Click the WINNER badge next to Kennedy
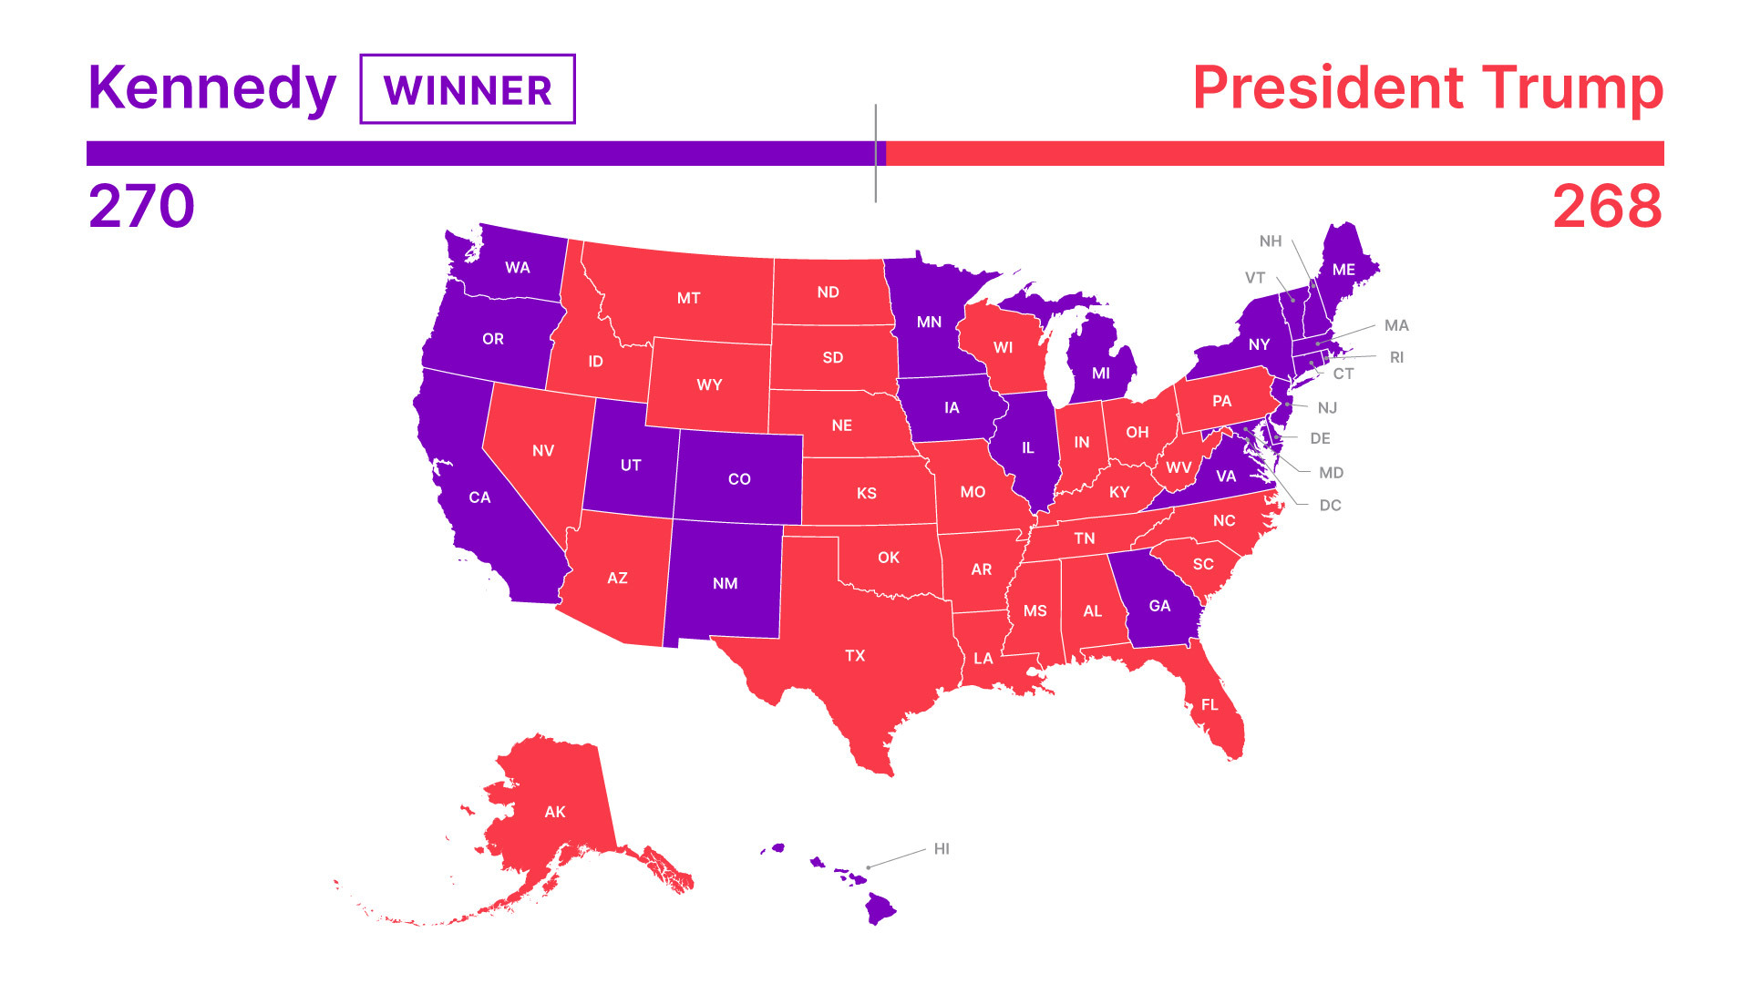[468, 89]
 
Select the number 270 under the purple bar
[141, 206]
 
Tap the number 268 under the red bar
[1607, 206]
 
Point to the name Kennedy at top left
[212, 88]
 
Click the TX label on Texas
[855, 655]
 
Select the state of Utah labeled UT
[631, 465]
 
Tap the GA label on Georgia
[1159, 606]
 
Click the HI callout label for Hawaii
[942, 849]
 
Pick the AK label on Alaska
[555, 812]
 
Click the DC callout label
[1330, 506]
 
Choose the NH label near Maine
[1271, 241]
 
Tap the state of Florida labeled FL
[1210, 704]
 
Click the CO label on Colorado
[739, 479]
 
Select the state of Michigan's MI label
[1101, 374]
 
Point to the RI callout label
[1396, 358]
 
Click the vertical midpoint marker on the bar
[876, 153]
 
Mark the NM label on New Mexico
[726, 583]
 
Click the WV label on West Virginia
[1179, 467]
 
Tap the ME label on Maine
[1343, 270]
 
